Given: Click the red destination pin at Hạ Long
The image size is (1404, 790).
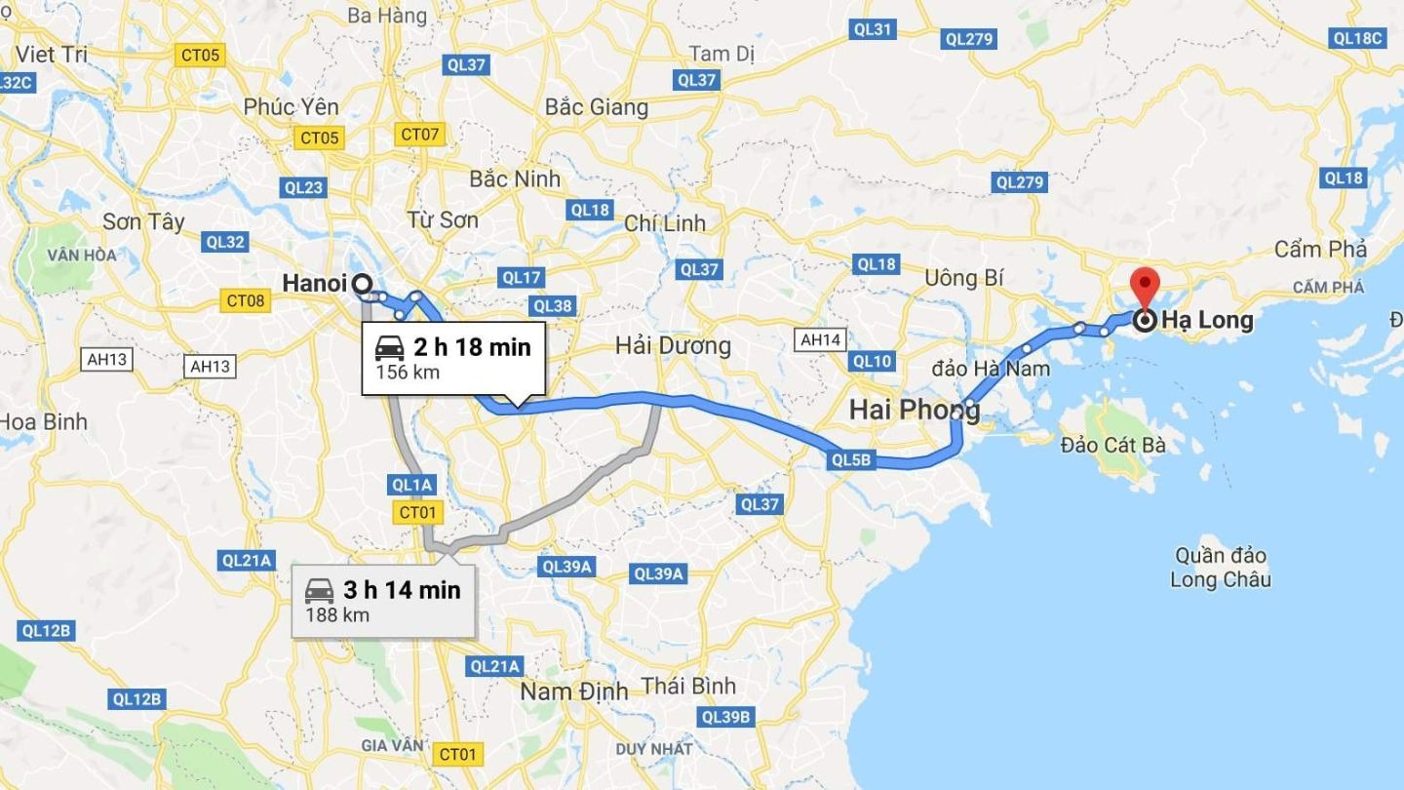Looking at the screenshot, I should (1144, 287).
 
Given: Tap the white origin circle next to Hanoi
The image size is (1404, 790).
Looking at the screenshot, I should (362, 284).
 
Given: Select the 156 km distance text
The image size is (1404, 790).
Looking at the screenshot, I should (408, 372).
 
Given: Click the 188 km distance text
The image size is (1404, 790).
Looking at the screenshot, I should (337, 614).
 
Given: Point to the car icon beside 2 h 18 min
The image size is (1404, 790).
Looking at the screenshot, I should (390, 346).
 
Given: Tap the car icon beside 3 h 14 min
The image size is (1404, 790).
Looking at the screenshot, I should (320, 590).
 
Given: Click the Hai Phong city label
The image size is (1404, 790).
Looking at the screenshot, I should (914, 410).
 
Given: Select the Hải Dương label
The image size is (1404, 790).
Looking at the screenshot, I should (673, 345).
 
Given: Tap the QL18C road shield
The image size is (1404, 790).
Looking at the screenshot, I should (1357, 38).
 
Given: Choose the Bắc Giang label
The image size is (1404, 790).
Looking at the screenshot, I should (597, 106).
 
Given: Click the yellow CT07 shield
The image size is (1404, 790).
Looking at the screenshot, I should (420, 134).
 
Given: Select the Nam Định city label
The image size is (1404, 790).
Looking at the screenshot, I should (573, 691).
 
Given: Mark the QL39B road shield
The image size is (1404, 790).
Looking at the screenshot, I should (726, 717).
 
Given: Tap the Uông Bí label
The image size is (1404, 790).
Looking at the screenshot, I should (963, 278).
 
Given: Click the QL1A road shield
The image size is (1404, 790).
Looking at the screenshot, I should (411, 485).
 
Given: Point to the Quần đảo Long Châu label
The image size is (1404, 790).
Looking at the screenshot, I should (1220, 568).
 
